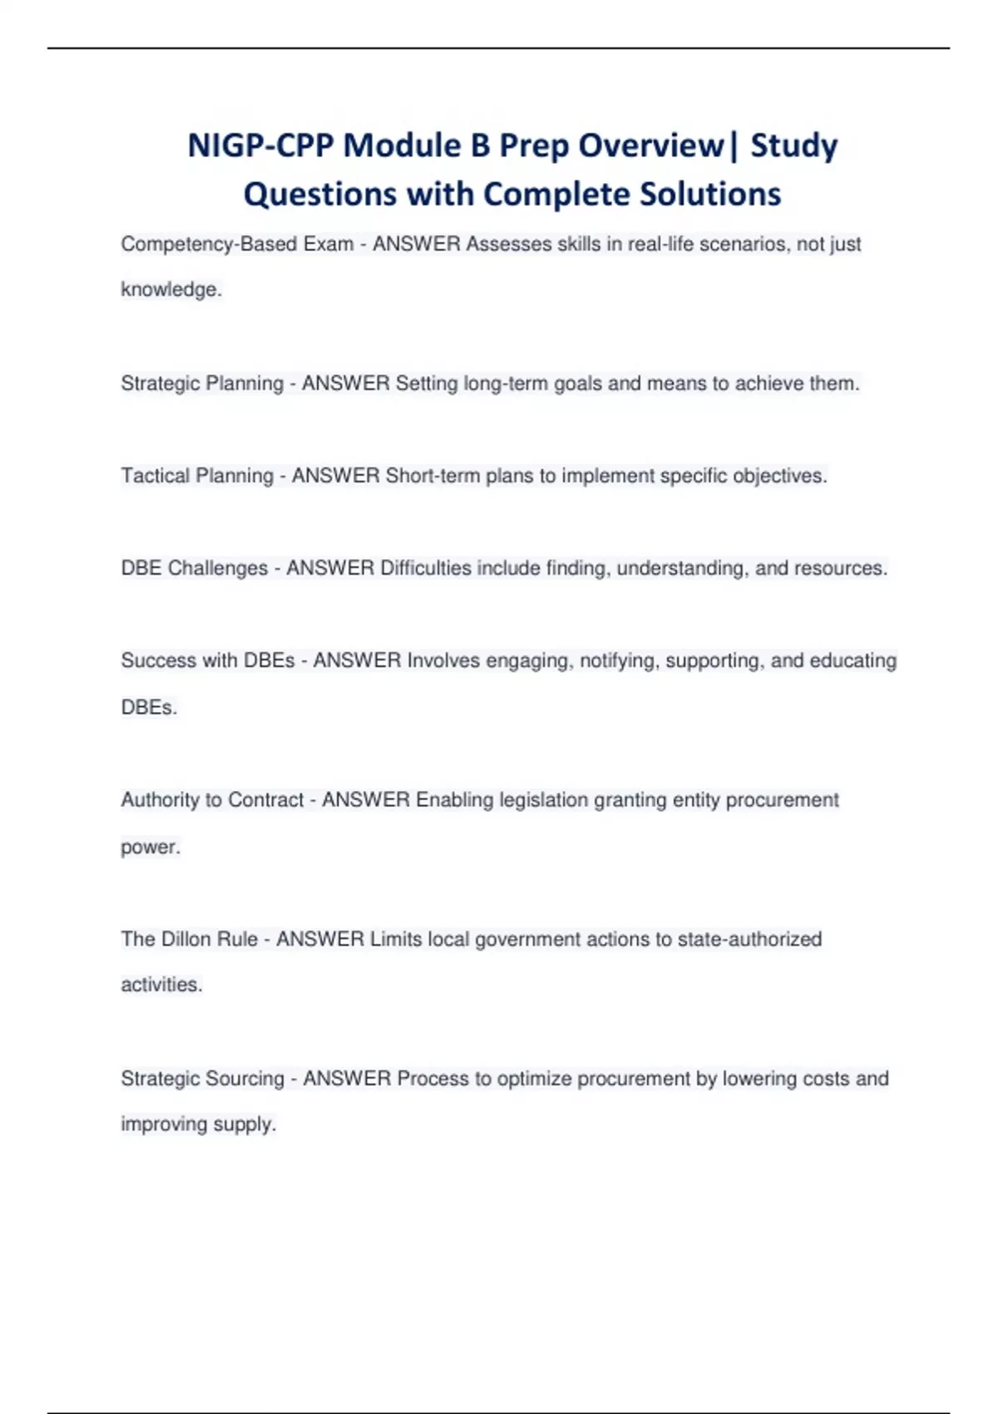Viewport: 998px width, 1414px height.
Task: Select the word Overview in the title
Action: (x=651, y=146)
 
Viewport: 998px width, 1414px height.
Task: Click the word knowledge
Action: (x=170, y=290)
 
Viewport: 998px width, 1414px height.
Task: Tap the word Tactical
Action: (x=156, y=476)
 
